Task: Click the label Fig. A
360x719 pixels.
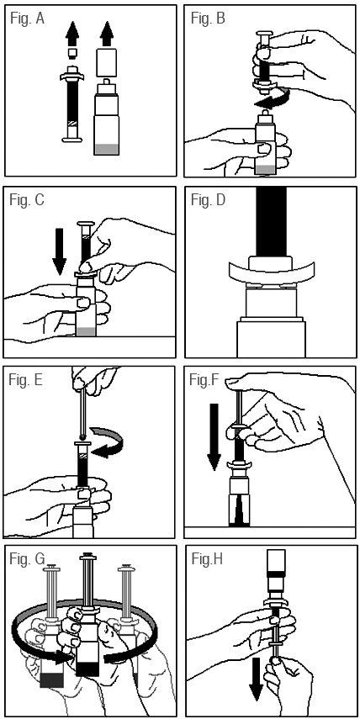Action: (x=27, y=19)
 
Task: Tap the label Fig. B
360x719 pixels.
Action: (x=207, y=19)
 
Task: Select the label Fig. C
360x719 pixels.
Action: (x=27, y=200)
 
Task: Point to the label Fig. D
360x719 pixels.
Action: (x=209, y=200)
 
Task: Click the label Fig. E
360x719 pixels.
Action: (x=26, y=380)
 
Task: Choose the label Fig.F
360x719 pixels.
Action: (x=206, y=380)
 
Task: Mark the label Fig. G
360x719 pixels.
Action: (x=28, y=559)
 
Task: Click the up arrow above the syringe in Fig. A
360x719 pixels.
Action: (x=71, y=33)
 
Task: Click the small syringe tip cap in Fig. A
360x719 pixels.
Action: (x=71, y=54)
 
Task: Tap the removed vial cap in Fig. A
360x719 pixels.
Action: (x=107, y=62)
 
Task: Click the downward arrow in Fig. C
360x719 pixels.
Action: (x=60, y=251)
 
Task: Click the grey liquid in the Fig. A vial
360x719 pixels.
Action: (x=107, y=150)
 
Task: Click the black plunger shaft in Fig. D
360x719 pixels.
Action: (x=272, y=222)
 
